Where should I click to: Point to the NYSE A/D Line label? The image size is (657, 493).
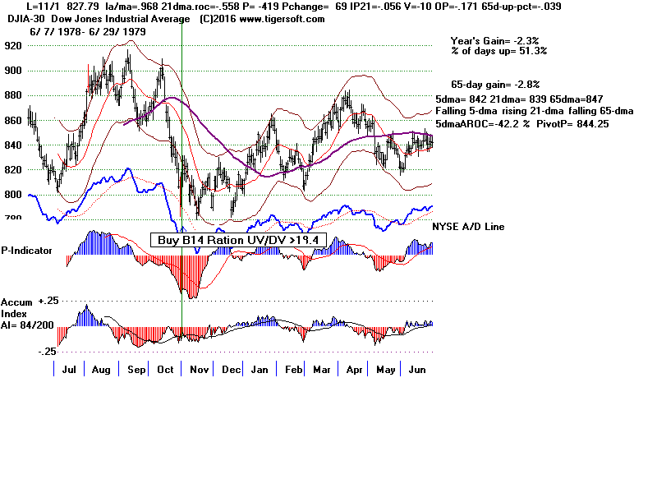[x=468, y=227]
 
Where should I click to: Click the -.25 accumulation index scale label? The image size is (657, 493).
[x=47, y=352]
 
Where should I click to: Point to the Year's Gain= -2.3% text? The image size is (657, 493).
[x=498, y=40]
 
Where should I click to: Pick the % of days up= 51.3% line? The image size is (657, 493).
[x=498, y=51]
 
